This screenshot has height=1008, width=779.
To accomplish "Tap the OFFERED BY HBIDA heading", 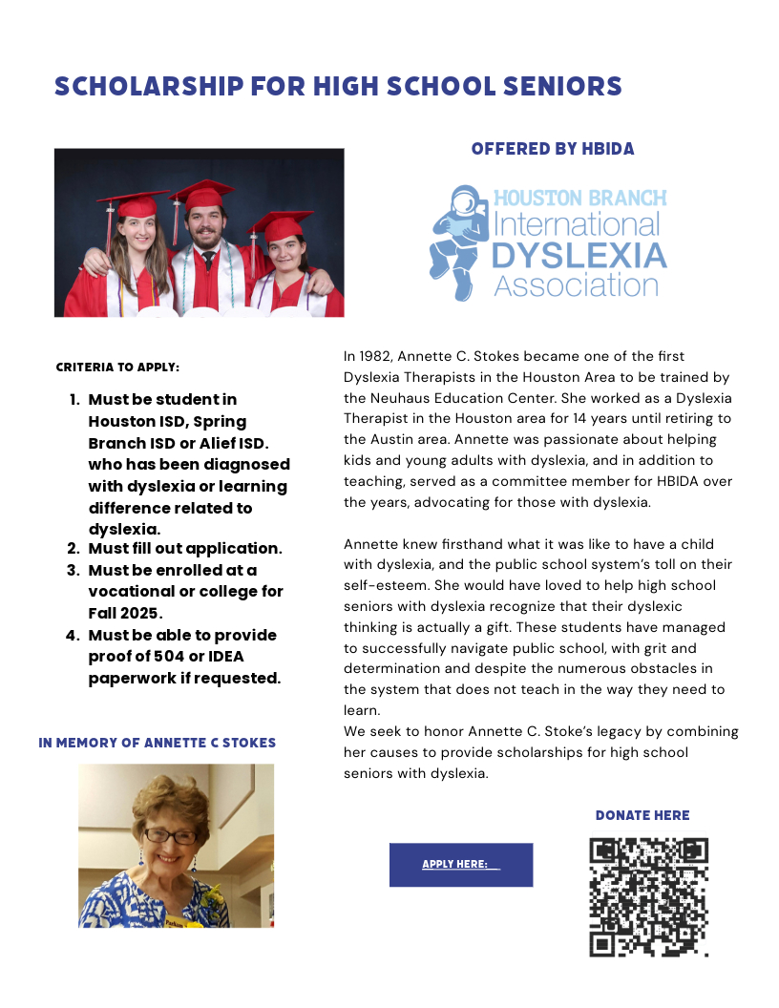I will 553,149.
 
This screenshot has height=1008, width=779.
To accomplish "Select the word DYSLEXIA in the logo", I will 579,255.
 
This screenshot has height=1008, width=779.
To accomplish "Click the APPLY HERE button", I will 460,865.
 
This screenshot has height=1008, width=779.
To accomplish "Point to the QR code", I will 648,896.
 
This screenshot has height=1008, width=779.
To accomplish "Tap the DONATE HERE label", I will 642,815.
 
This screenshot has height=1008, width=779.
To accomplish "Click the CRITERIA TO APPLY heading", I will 117,367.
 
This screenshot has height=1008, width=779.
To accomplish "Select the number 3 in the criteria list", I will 73,571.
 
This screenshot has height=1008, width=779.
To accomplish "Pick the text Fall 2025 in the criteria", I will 125,613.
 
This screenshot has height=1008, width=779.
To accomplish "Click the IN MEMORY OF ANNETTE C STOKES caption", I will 158,743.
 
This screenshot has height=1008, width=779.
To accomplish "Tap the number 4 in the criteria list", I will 73,636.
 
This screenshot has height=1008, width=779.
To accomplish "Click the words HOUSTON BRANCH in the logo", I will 579,199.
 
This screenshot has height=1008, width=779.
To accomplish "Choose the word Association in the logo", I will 576,284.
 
